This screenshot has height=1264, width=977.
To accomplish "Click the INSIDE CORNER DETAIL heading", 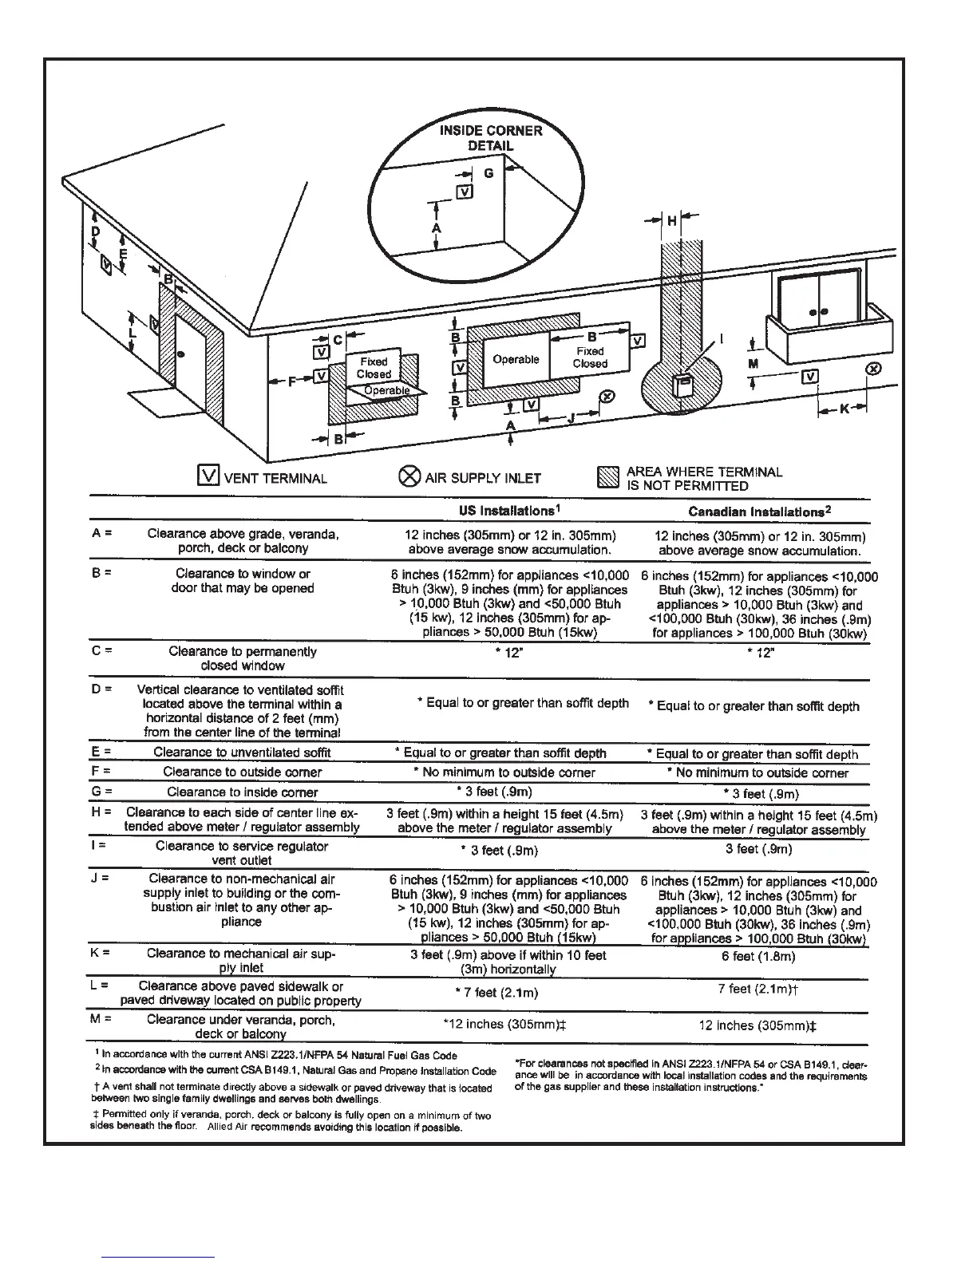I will point(490,138).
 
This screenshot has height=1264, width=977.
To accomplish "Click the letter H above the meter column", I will point(672,221).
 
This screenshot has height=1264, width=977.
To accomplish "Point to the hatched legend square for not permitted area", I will point(608,477).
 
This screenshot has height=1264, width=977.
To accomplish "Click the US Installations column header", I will point(502,510).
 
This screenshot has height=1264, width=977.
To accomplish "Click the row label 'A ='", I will point(101,534).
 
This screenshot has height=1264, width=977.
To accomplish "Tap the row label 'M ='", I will point(101,1019).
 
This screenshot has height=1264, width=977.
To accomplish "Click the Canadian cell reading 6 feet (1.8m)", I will point(759,956).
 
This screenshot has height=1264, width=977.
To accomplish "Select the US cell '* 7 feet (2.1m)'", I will point(502,992).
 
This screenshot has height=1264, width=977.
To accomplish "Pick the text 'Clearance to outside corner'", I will point(243,772).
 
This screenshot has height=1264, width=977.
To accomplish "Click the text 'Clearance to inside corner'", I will point(243,792).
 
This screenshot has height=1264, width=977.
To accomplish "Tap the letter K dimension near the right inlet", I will point(844,409).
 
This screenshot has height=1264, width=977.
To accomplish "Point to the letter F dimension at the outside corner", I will point(292,382).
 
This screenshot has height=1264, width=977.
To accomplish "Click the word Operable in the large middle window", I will point(516,359).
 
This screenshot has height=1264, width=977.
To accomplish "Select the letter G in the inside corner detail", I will point(489,173).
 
